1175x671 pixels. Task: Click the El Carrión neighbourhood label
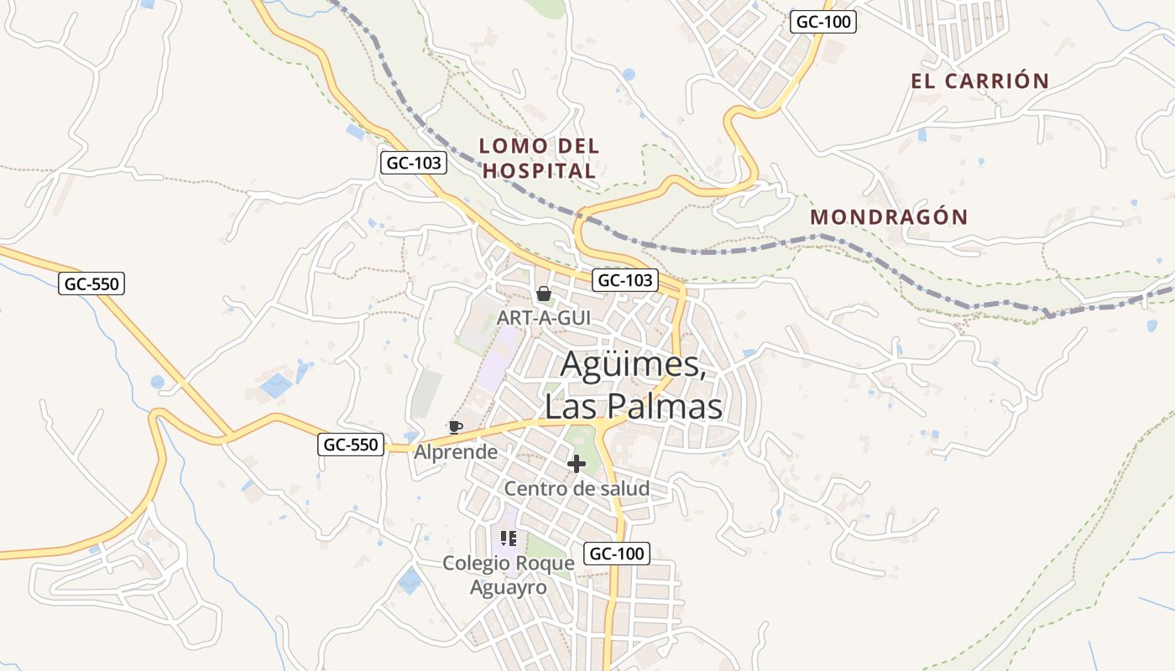click(979, 81)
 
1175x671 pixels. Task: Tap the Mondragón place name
click(889, 217)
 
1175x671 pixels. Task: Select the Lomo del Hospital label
click(539, 159)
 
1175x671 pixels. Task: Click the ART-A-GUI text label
click(544, 318)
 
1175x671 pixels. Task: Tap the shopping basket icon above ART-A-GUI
click(544, 294)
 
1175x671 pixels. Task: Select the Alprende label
click(456, 452)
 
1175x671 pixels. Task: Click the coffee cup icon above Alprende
click(455, 427)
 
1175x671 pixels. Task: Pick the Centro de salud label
click(577, 488)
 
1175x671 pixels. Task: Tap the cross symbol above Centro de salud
click(577, 464)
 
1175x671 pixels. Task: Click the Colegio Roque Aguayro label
click(509, 575)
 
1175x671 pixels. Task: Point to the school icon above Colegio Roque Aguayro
click(508, 538)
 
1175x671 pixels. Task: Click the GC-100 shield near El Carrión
click(823, 23)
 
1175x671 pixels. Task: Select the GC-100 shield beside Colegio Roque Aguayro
click(617, 554)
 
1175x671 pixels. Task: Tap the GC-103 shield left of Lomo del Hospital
click(413, 163)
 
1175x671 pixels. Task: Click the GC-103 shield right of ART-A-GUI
click(625, 280)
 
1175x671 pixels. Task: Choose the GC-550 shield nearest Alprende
click(352, 445)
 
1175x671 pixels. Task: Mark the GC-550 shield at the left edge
click(92, 284)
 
